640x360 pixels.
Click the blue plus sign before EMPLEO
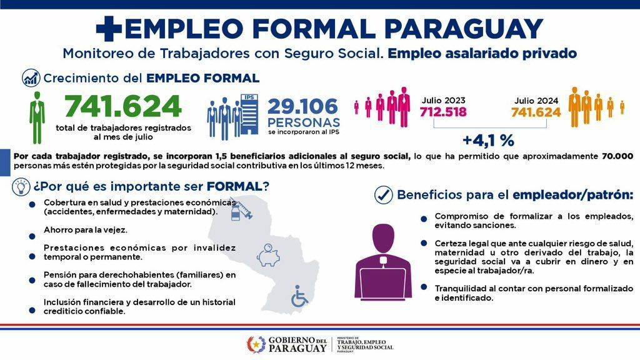pyautogui.click(x=109, y=29)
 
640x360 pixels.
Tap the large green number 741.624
pyautogui.click(x=123, y=106)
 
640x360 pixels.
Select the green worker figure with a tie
pyautogui.click(x=37, y=117)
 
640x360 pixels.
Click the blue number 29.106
pyautogui.click(x=303, y=106)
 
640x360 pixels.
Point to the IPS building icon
pyautogui.click(x=249, y=115)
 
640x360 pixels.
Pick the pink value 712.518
pyautogui.click(x=443, y=112)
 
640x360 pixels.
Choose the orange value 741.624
pyautogui.click(x=536, y=112)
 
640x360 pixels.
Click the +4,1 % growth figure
pyautogui.click(x=488, y=141)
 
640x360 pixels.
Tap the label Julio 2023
pyautogui.click(x=443, y=101)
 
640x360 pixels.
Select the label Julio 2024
pyautogui.click(x=536, y=101)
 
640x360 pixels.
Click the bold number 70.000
pyautogui.click(x=617, y=156)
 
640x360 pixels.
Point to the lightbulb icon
pyautogui.click(x=21, y=187)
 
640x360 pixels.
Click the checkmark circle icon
pyautogui.click(x=383, y=195)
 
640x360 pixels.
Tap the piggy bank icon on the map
pyautogui.click(x=268, y=255)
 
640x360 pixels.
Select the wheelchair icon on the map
pyautogui.click(x=299, y=296)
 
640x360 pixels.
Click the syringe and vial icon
pyautogui.click(x=241, y=209)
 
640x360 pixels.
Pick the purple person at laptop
pyautogui.click(x=383, y=262)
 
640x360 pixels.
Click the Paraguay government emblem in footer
pyautogui.click(x=256, y=344)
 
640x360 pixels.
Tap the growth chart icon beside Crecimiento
pyautogui.click(x=31, y=78)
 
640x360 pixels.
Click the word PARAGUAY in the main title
pyautogui.click(x=463, y=29)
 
